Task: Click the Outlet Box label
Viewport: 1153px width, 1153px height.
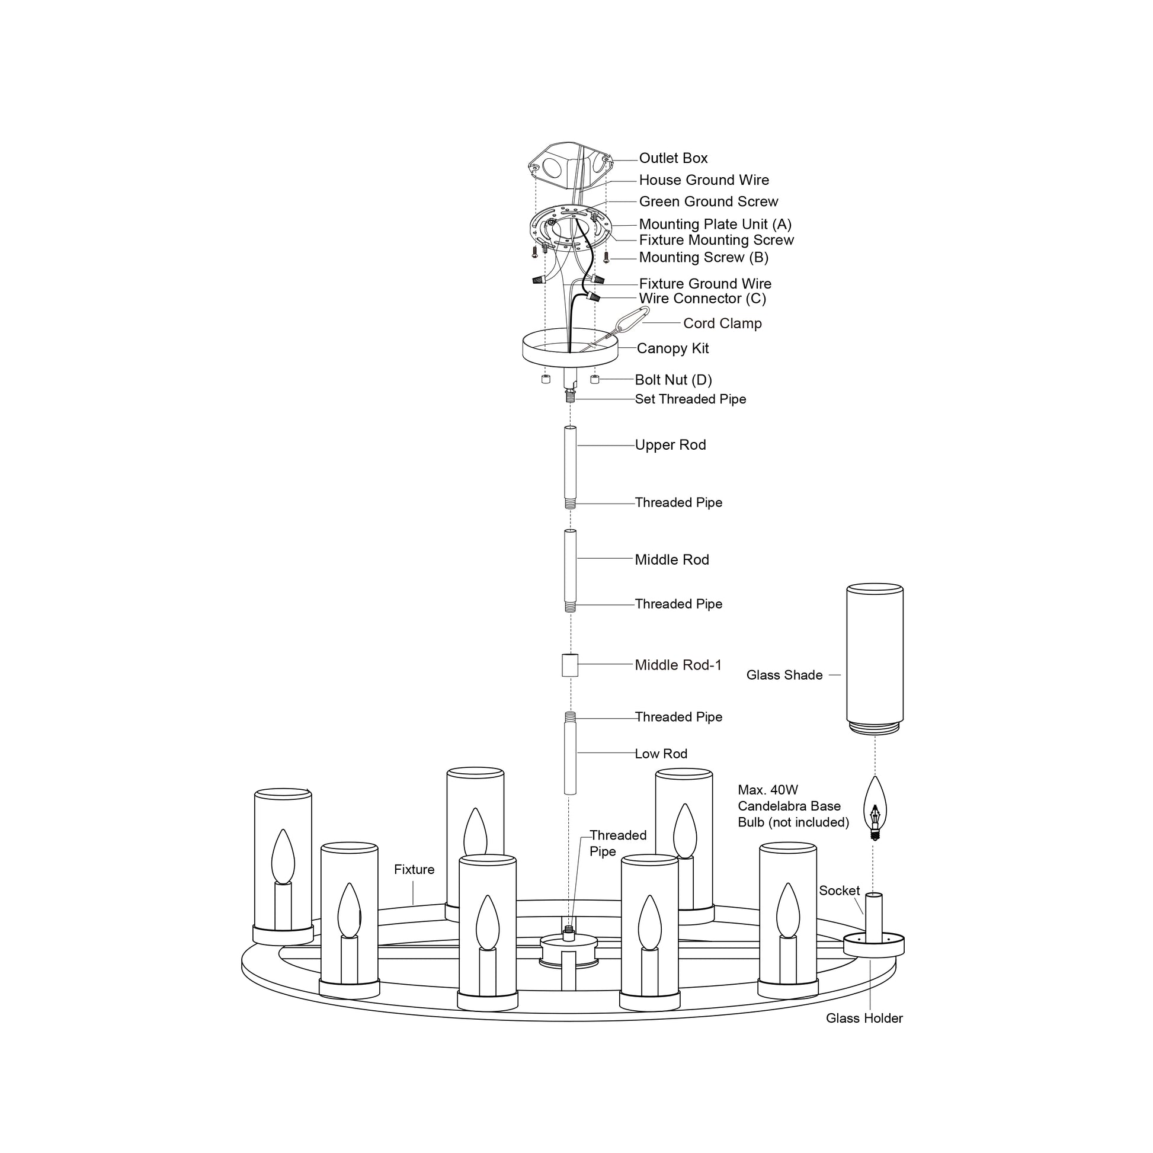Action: tap(672, 158)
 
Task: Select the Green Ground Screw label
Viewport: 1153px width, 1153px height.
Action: tap(709, 201)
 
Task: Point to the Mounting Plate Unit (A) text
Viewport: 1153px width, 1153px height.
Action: tap(715, 225)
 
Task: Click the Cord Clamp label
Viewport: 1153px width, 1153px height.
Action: tap(722, 324)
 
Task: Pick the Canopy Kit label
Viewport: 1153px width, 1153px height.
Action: tap(672, 348)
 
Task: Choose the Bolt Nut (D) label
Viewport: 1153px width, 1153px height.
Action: tap(673, 380)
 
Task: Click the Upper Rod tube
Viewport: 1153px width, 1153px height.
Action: tap(570, 463)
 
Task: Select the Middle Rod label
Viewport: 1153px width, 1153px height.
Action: tap(671, 560)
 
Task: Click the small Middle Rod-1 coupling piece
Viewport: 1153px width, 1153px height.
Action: tap(570, 665)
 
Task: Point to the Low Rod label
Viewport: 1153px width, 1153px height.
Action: tap(661, 754)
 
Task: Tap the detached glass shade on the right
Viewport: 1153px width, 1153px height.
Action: tap(875, 656)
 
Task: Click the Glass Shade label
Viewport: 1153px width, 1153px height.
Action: tap(784, 675)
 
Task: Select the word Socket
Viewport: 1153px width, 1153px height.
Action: tap(839, 891)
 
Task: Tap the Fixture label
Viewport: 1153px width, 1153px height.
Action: tap(414, 870)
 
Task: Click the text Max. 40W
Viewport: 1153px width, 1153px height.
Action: tap(767, 790)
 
